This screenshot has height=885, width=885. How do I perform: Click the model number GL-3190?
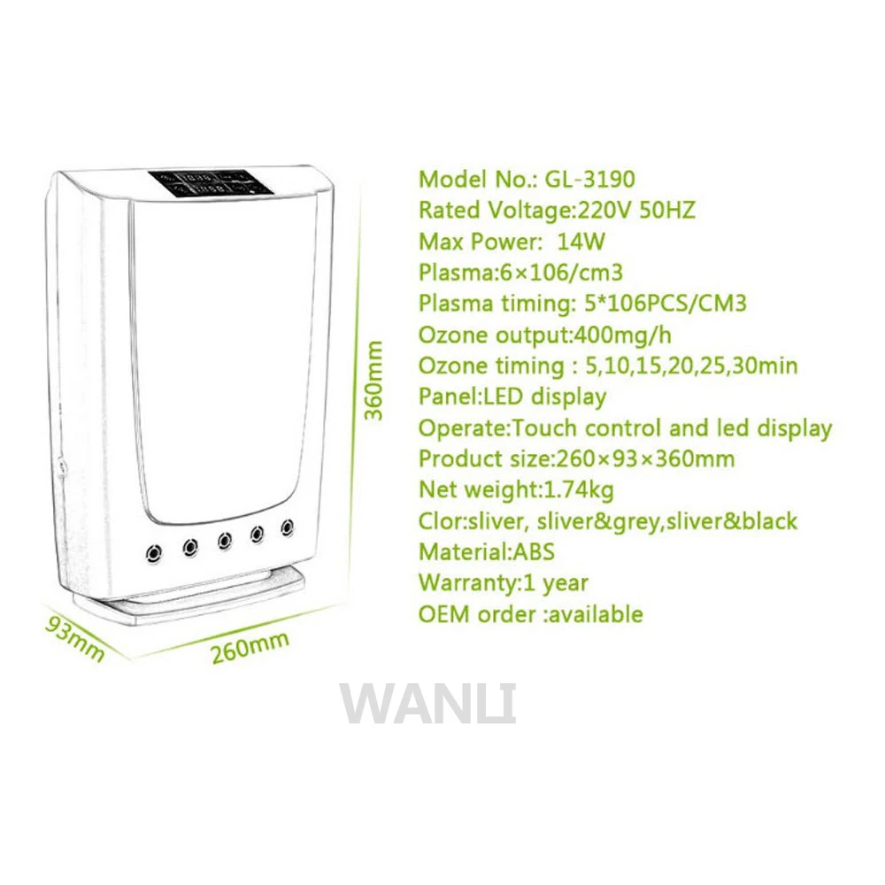tap(589, 179)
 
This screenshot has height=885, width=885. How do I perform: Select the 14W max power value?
tap(581, 242)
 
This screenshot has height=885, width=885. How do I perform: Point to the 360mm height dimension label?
tap(373, 381)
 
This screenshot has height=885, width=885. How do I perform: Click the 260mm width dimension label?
tap(250, 647)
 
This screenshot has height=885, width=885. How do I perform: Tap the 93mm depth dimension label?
tap(75, 638)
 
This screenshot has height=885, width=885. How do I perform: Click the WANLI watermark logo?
tap(427, 704)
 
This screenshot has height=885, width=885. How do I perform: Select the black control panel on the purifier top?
tap(212, 184)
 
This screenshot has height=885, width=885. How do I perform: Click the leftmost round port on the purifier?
tap(153, 552)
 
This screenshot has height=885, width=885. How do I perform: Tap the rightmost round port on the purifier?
tap(288, 527)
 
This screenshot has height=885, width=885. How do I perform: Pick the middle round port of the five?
tap(225, 541)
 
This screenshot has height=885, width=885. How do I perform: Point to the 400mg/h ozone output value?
tap(622, 335)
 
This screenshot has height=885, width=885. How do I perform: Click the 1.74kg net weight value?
tap(577, 490)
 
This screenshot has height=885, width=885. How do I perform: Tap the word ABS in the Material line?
tap(533, 551)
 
